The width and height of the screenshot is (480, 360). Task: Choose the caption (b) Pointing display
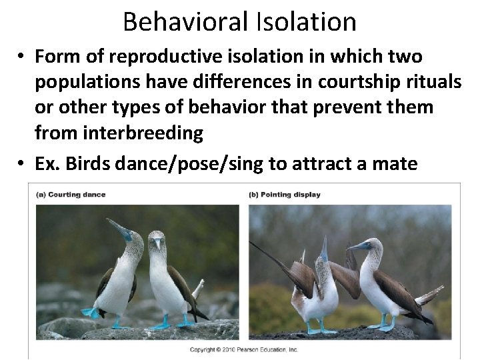(x=285, y=195)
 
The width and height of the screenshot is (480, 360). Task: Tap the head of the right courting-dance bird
(x=157, y=239)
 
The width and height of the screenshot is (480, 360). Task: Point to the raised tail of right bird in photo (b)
(x=429, y=293)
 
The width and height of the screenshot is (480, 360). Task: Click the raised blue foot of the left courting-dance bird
(x=90, y=312)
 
